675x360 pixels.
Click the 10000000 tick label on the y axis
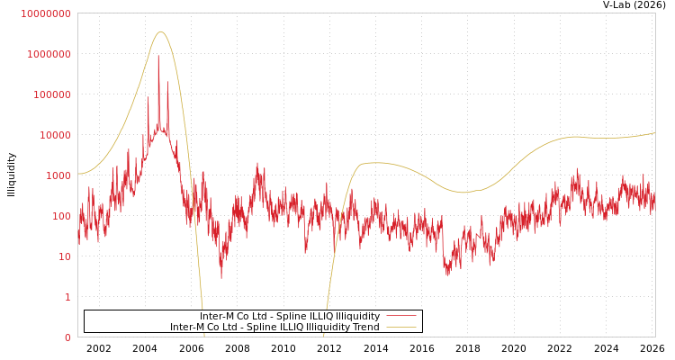[x=45, y=13]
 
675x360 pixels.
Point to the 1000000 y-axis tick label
[x=49, y=54]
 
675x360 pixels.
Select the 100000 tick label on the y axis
[x=51, y=94]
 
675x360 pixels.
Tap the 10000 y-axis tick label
[x=54, y=135]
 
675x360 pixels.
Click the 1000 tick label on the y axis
[x=58, y=175]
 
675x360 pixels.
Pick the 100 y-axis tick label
[x=60, y=216]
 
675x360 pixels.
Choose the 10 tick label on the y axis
[x=64, y=256]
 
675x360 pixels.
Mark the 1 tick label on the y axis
[x=67, y=297]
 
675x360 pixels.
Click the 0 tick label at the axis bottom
[x=67, y=337]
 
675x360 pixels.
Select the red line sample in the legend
[x=401, y=317]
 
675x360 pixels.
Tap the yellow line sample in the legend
[x=401, y=328]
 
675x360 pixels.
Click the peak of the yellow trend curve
[x=160, y=32]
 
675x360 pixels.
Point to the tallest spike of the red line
[x=158, y=56]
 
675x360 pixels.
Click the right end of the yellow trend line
[x=654, y=133]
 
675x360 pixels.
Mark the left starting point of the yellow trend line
[x=78, y=174]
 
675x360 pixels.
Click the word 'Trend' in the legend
[x=365, y=328]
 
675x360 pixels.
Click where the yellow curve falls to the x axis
[x=204, y=335]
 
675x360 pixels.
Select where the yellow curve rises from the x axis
[x=324, y=335]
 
